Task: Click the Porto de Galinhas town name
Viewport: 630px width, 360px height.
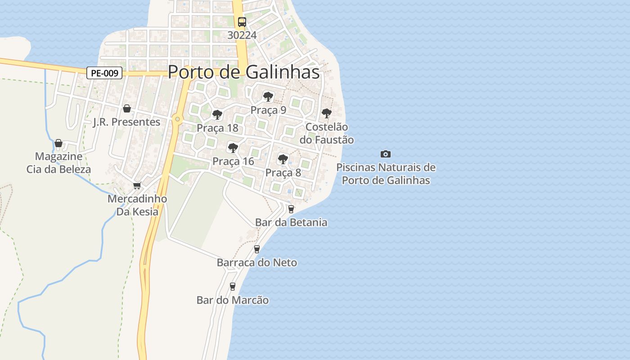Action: click(243, 72)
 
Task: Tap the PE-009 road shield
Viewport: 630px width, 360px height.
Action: click(104, 73)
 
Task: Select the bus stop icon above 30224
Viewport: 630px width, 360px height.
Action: click(242, 22)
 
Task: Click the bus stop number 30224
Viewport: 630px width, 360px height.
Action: click(242, 35)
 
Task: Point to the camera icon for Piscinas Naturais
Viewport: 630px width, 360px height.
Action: click(386, 154)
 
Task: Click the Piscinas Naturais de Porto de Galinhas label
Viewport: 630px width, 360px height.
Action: click(386, 174)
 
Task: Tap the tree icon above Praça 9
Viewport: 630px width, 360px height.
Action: click(268, 96)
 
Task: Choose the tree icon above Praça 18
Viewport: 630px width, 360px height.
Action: click(217, 115)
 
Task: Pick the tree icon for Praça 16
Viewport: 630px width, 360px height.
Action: click(233, 148)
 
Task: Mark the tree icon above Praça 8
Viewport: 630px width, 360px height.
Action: click(283, 159)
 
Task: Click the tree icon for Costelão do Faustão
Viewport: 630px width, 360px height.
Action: click(327, 113)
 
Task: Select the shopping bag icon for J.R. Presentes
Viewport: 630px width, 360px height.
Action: click(127, 108)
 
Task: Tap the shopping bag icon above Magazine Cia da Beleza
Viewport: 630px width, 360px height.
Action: click(58, 144)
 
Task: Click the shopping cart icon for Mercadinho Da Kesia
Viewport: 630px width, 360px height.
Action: click(137, 185)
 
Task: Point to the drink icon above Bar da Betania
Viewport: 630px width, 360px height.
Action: click(291, 209)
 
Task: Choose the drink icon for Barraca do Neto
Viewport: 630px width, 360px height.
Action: click(257, 249)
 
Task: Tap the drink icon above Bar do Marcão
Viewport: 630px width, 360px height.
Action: click(233, 286)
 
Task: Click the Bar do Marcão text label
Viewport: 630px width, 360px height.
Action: click(233, 300)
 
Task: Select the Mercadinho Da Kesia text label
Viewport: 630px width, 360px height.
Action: click(137, 205)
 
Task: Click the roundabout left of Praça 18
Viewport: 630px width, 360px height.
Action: click(178, 119)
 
